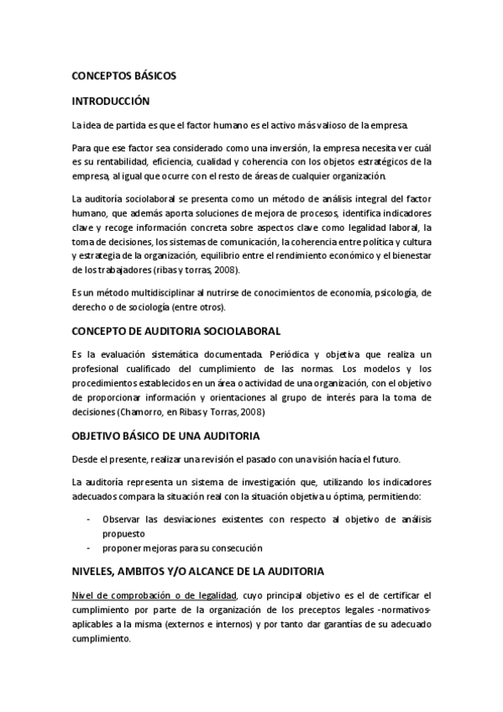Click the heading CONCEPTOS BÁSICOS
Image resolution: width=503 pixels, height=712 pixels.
click(x=123, y=75)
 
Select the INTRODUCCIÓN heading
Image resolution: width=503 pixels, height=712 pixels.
click(x=111, y=101)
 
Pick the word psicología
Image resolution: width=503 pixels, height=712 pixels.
click(x=385, y=292)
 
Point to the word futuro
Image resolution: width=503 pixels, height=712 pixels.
click(x=386, y=459)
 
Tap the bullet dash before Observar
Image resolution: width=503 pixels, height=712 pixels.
click(x=90, y=519)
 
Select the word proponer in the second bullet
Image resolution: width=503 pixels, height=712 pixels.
click(x=124, y=547)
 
